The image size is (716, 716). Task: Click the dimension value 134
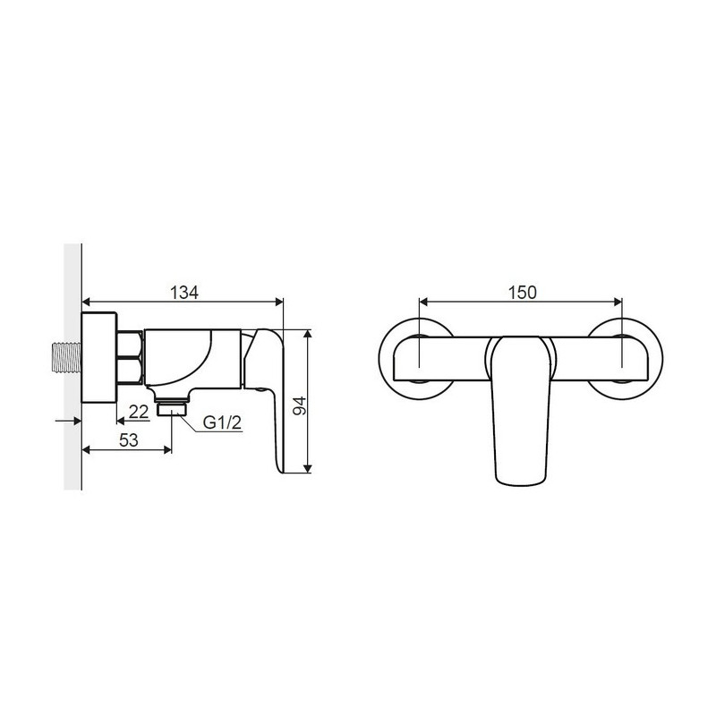[184, 293]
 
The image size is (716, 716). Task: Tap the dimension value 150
[523, 293]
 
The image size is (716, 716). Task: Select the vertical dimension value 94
[300, 405]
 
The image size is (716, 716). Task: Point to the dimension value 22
[139, 412]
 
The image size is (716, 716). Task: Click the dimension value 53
[128, 440]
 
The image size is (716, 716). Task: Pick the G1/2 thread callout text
[222, 422]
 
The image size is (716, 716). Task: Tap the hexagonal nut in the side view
[130, 357]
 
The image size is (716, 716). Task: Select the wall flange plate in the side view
[99, 357]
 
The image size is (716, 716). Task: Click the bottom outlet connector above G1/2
[172, 408]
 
